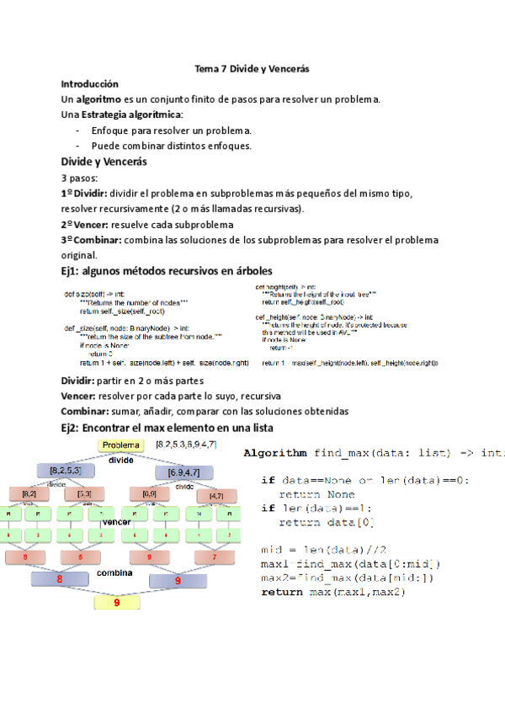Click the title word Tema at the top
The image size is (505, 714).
click(x=206, y=68)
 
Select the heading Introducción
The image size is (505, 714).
click(x=89, y=84)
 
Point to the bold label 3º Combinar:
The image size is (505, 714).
click(x=91, y=241)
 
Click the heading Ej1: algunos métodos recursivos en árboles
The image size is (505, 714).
click(x=166, y=271)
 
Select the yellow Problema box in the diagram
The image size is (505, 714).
click(x=123, y=445)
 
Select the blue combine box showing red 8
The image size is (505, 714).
click(x=60, y=578)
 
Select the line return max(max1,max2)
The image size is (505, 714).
click(x=333, y=593)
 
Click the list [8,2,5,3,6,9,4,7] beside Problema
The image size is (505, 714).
click(x=187, y=444)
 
